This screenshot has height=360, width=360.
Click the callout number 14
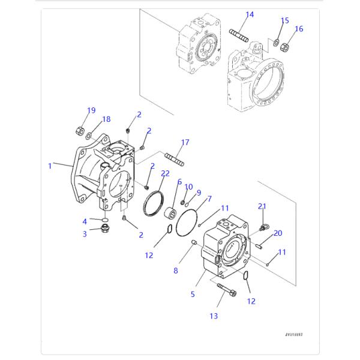[250, 14]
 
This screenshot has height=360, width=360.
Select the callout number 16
[299, 29]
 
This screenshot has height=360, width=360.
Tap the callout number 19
[91, 110]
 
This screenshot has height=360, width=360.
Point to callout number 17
[185, 143]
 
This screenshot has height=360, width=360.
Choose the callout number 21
[262, 206]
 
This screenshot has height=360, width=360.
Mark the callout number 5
[193, 294]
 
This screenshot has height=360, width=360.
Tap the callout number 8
[176, 271]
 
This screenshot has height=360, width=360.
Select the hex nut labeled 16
[286, 44]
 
